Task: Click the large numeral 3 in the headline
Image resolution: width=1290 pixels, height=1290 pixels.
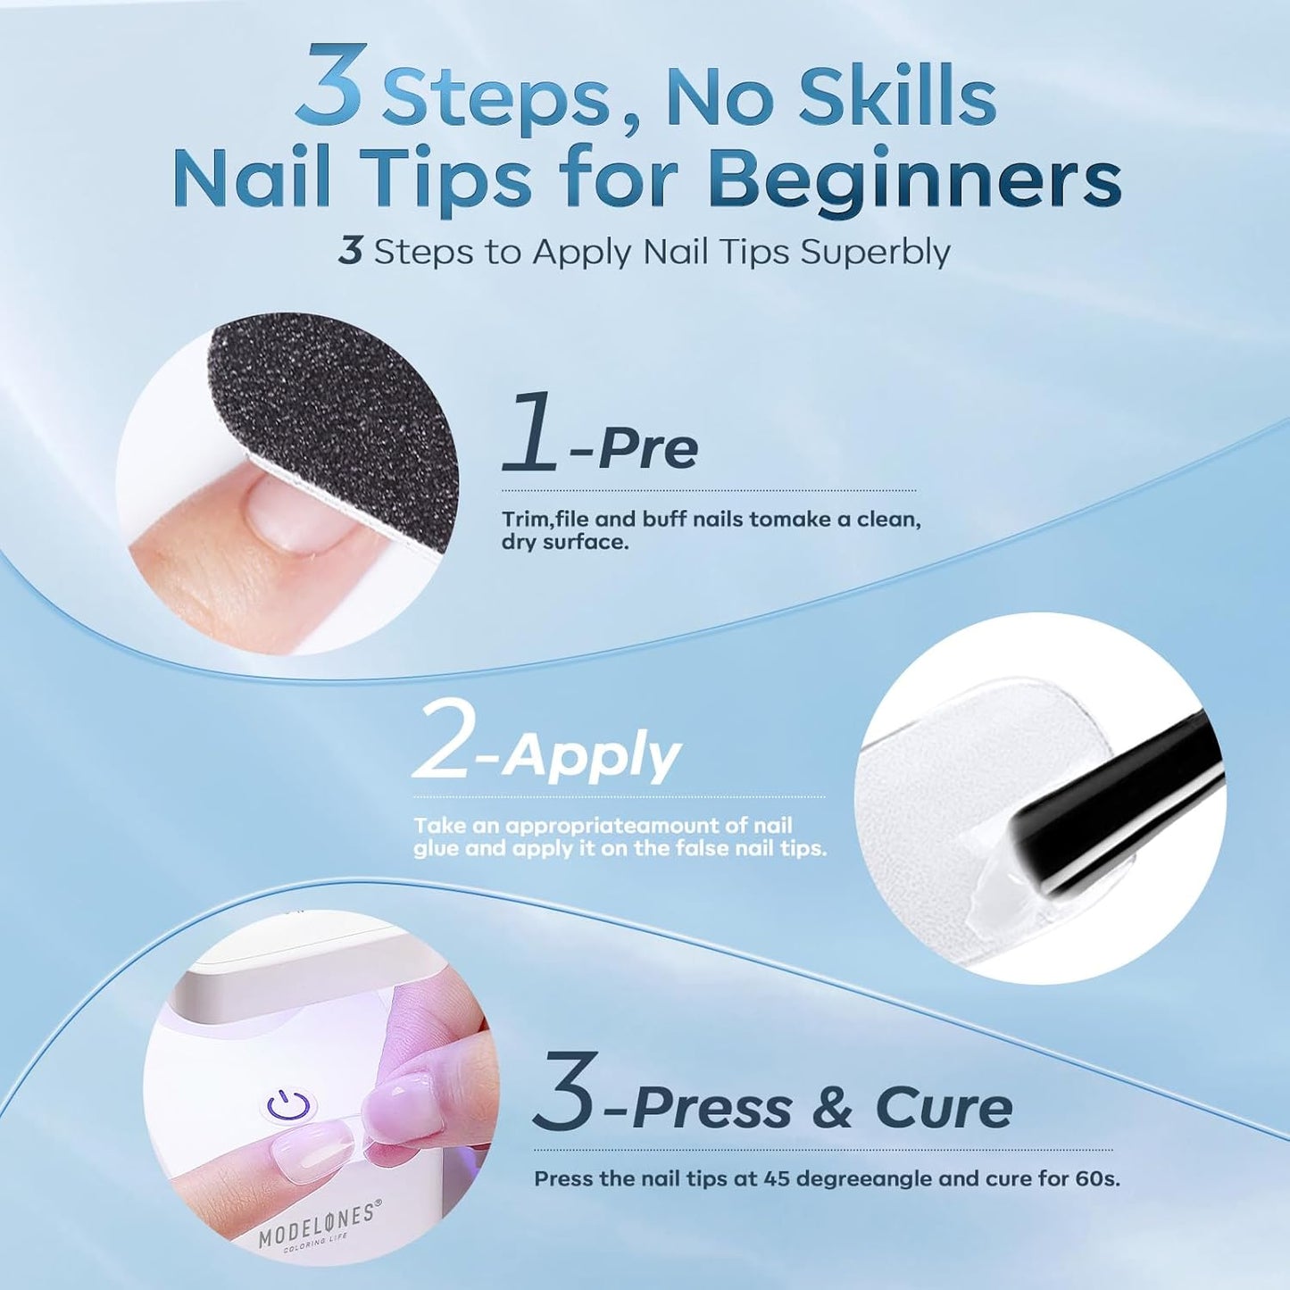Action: (x=331, y=87)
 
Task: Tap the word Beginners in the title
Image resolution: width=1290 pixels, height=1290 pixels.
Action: (x=914, y=180)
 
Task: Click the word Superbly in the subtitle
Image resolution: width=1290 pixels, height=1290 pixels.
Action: (x=875, y=253)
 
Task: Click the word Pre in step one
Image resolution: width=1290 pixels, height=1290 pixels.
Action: (x=648, y=449)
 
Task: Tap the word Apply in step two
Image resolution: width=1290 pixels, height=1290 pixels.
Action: (x=591, y=759)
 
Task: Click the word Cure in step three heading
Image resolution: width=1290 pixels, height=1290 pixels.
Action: (x=944, y=1108)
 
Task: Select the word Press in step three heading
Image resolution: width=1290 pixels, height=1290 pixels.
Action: (x=712, y=1108)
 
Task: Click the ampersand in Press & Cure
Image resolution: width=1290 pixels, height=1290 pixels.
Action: (x=833, y=1108)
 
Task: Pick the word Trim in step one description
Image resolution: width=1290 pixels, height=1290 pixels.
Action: (x=521, y=520)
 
